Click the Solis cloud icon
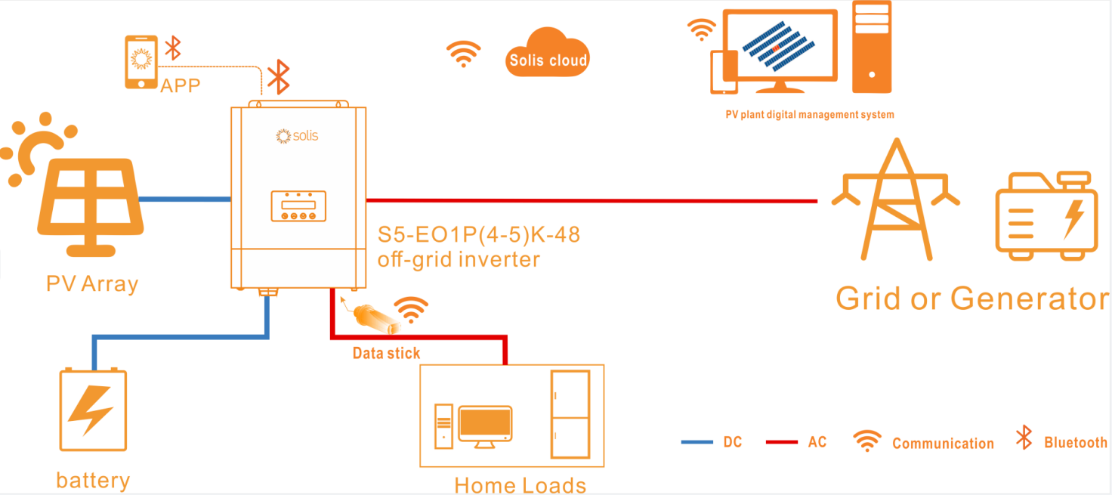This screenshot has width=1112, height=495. [547, 53]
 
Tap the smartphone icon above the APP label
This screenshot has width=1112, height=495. [141, 62]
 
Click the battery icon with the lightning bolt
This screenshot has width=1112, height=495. [93, 410]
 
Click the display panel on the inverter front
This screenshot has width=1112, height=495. [298, 206]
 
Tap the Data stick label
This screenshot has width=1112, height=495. [386, 353]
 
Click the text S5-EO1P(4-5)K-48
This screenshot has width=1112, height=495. [478, 235]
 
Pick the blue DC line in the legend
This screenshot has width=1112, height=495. [697, 441]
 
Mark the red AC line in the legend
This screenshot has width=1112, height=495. [781, 441]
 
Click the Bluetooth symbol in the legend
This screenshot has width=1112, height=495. [1024, 438]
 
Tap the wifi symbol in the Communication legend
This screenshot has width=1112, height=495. [867, 441]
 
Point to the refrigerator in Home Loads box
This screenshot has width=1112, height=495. [570, 414]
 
